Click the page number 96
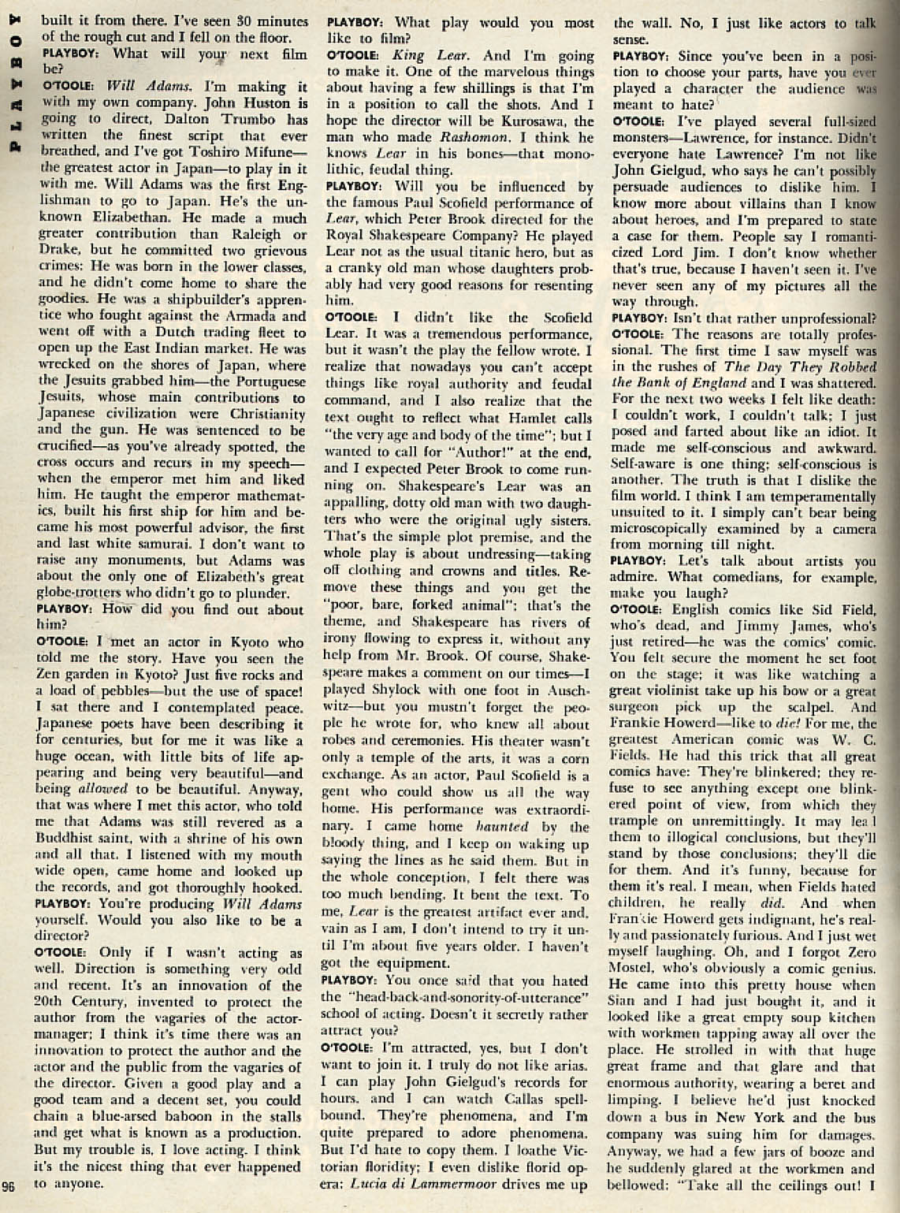coord(9,1189)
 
